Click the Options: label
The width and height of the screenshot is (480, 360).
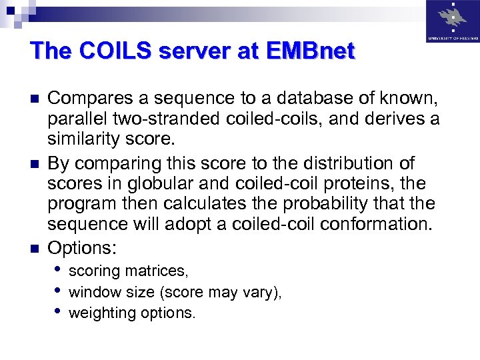tap(82, 249)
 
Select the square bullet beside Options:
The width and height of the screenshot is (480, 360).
tap(36, 249)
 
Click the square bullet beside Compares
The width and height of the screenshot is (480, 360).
tap(36, 99)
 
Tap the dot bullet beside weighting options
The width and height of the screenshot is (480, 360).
tap(60, 311)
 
